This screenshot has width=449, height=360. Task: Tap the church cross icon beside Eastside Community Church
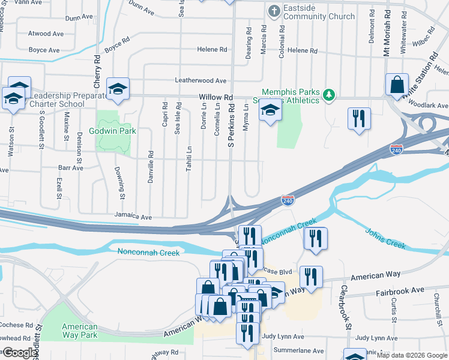[274, 11]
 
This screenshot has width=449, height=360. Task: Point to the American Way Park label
[80, 331]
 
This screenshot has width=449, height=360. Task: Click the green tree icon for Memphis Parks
[328, 94]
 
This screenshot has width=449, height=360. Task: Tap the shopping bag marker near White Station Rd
[397, 85]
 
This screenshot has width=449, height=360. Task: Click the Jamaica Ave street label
[133, 217]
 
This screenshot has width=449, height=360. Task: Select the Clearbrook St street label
[346, 307]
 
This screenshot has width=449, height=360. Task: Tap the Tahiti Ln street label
[189, 159]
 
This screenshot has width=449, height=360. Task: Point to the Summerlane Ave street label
[298, 349]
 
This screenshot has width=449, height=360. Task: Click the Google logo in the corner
[19, 353]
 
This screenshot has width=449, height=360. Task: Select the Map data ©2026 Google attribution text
[411, 355]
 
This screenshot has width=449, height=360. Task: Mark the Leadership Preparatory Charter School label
[59, 99]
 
